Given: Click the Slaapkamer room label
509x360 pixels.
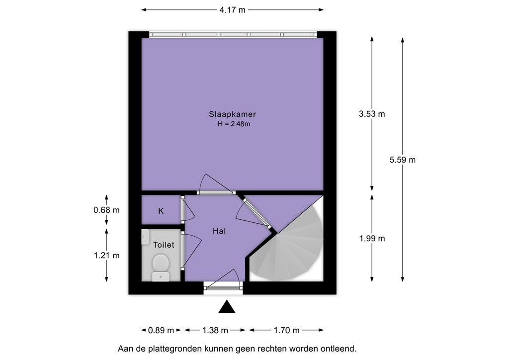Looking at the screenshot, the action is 233,114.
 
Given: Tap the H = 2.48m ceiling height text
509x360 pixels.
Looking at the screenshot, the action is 234,124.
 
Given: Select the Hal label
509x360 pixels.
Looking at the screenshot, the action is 219,231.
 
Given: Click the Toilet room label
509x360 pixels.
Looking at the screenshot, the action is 164,245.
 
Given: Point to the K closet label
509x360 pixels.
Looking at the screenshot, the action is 161,211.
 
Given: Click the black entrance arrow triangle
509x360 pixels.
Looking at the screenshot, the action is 227,306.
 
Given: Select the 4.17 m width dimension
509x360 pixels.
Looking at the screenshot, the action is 233,10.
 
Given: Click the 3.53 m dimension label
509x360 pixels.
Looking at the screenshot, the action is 372,114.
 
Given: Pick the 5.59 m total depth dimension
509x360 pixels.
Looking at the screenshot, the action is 403,160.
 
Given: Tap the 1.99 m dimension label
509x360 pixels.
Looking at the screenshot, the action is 372,239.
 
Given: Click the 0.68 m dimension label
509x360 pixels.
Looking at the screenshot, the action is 106,210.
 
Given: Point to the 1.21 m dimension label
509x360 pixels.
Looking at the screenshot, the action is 106,256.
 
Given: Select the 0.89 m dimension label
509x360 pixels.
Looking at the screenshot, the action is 161,331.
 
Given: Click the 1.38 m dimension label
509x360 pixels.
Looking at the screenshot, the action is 215,331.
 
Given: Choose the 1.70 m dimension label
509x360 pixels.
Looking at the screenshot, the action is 286,331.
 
